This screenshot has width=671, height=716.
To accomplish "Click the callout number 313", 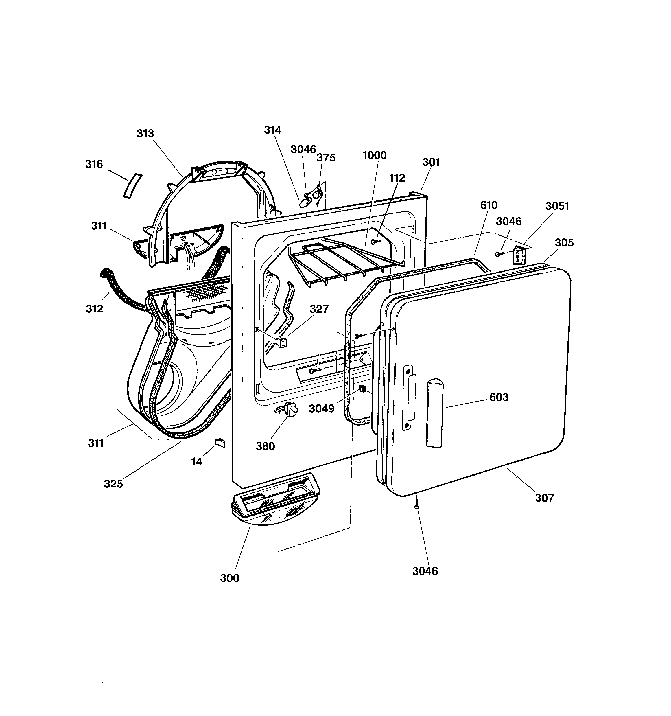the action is coord(145,134).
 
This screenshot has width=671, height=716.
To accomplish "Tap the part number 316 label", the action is coord(94,164).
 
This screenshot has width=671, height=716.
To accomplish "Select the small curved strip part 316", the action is coord(132,186).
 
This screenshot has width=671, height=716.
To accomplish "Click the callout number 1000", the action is coord(374,155).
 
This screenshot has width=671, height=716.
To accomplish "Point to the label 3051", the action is coord(557,206).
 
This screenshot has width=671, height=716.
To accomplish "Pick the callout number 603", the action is coord(499,397).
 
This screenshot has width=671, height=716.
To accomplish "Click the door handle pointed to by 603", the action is coord(435,413).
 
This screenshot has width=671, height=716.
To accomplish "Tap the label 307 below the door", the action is coord(544,498).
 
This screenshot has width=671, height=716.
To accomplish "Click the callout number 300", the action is coord(229,578).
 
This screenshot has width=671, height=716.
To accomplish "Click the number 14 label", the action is coord(197,461).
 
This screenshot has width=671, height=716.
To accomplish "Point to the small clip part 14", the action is coord(220,443).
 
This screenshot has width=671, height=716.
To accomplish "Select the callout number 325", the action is coord(113,484).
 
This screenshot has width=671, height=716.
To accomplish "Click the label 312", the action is coord(94,309).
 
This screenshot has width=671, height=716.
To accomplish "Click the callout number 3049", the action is coord(321,408).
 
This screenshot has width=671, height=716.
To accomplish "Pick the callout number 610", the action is coord(489,205).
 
